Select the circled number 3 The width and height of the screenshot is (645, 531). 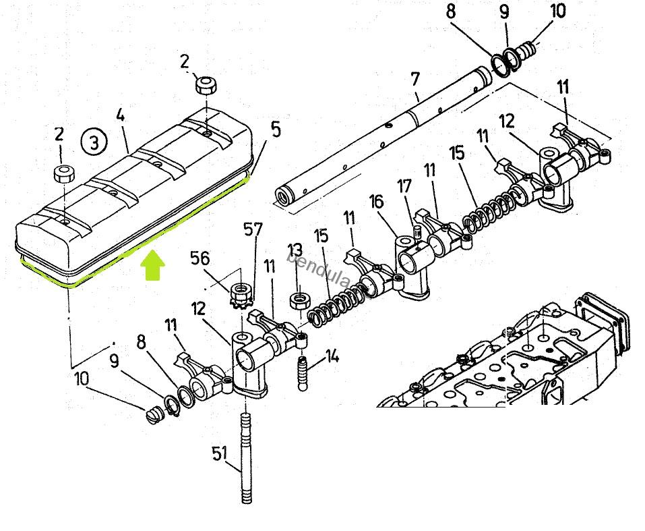[x=94, y=142]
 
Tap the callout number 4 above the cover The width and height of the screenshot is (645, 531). [x=120, y=116]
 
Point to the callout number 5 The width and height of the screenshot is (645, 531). [x=276, y=130]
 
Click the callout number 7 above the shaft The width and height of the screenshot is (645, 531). [x=415, y=79]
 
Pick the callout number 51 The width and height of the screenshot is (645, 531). [x=219, y=453]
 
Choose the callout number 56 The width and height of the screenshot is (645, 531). [x=200, y=258]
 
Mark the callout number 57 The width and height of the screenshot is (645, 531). [x=253, y=229]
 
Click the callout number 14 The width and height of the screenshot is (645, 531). [x=332, y=356]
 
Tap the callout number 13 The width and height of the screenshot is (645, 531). [x=295, y=250]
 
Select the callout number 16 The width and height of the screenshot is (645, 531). [x=376, y=202]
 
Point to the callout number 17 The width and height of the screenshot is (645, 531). [x=404, y=186]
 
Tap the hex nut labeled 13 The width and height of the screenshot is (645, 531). [x=299, y=300]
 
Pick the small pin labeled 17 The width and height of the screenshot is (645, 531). [x=418, y=231]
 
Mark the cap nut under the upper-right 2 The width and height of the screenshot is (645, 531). [x=206, y=85]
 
